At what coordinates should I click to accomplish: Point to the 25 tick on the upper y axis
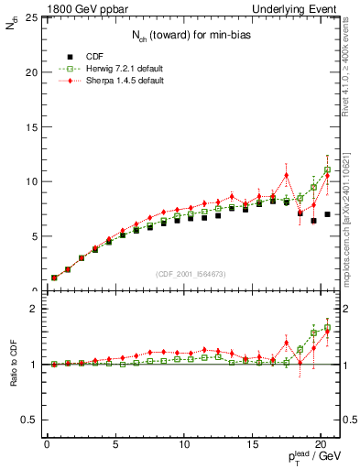click(x=29, y=17)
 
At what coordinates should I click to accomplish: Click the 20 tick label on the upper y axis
click(x=29, y=71)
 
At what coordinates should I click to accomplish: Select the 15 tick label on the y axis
click(x=29, y=126)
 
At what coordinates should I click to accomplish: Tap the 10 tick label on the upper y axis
click(x=29, y=181)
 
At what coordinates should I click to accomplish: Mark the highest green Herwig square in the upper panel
click(x=327, y=169)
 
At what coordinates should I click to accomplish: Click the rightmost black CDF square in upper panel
click(x=327, y=214)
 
